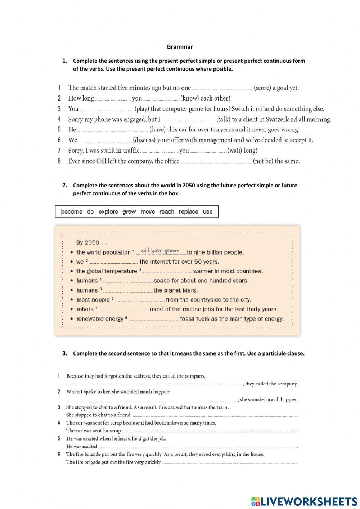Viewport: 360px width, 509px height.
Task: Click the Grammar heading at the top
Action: click(180, 47)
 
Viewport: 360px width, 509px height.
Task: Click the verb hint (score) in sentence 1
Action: click(262, 88)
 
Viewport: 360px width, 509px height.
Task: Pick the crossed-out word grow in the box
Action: click(129, 212)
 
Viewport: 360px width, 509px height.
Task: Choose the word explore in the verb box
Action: click(108, 212)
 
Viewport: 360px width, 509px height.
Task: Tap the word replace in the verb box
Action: click(188, 212)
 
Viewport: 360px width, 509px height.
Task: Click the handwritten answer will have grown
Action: click(160, 251)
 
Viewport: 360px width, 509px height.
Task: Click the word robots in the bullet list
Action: click(85, 309)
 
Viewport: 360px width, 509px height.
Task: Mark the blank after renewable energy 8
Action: click(154, 320)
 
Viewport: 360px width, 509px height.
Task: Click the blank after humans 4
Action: click(128, 281)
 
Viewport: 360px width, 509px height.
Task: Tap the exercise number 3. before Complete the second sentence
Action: click(65, 353)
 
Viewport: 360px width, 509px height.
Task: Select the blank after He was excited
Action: click(197, 447)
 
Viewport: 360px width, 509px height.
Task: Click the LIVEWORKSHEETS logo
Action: click(304, 501)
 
